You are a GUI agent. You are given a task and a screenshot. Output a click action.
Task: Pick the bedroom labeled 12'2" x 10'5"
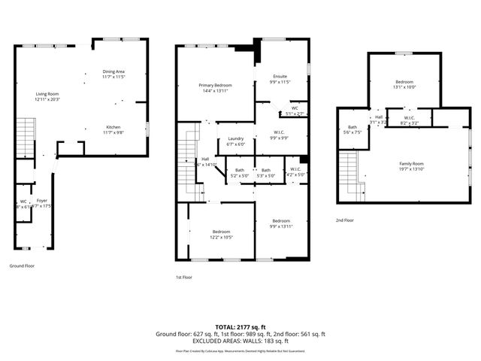click(x=221, y=233)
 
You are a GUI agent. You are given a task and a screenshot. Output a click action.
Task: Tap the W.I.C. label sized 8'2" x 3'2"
click(x=410, y=120)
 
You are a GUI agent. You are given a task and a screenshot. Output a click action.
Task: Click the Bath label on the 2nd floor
click(x=352, y=130)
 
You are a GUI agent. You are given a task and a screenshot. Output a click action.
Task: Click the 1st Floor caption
click(x=185, y=277)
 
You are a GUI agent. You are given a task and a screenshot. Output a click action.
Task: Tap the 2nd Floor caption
click(x=346, y=220)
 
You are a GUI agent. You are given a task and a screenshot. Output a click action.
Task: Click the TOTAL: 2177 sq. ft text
click(x=240, y=327)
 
